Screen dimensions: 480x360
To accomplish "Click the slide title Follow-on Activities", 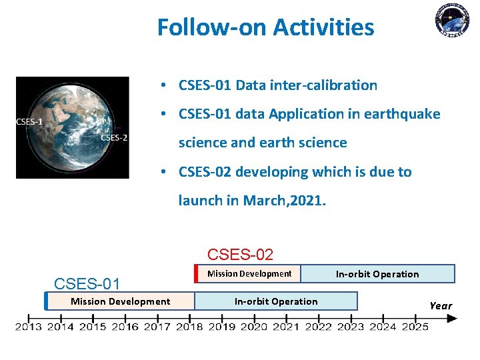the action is (266, 27).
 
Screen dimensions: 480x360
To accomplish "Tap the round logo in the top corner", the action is (452, 20).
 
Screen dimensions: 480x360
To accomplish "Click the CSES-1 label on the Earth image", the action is (29, 122).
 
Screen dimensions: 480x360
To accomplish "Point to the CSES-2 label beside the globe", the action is (114, 138).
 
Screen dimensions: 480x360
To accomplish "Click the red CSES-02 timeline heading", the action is (240, 255).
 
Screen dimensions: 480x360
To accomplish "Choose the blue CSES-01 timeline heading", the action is (87, 284).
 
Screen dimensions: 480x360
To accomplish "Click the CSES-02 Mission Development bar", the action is (249, 274).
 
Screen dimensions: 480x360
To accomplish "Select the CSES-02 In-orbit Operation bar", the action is (378, 274).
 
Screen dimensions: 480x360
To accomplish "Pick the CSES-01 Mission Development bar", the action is (121, 301).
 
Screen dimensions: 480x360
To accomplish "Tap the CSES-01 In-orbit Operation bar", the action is (276, 301).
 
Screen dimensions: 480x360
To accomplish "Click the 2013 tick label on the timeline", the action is (29, 327).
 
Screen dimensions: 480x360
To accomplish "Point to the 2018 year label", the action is (189, 327).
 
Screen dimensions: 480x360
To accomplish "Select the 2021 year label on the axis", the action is (286, 327).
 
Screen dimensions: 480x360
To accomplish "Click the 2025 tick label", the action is (415, 327).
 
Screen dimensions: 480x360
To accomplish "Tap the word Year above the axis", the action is (441, 305).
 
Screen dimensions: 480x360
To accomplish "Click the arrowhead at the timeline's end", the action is (452, 319).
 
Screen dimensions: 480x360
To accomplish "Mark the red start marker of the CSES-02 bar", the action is (196, 274).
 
